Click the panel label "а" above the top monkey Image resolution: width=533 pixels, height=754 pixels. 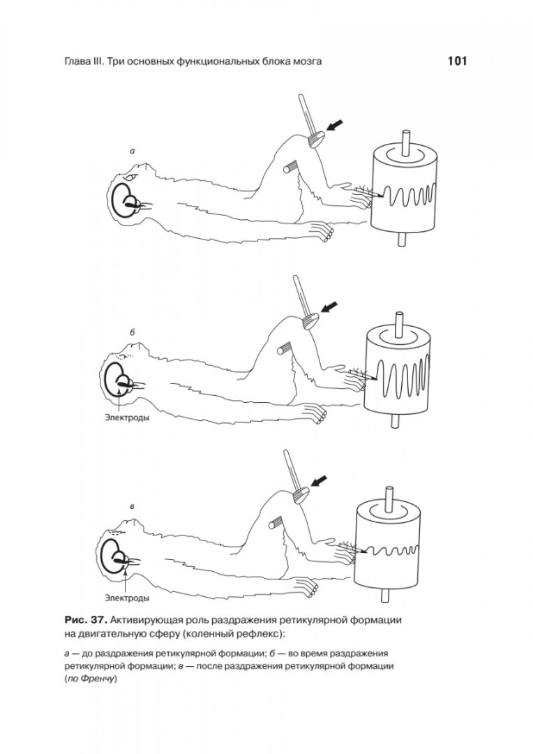point(133,150)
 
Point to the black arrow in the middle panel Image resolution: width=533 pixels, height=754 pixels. point(331,305)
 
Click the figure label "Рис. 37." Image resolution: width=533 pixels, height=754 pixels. point(86,620)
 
